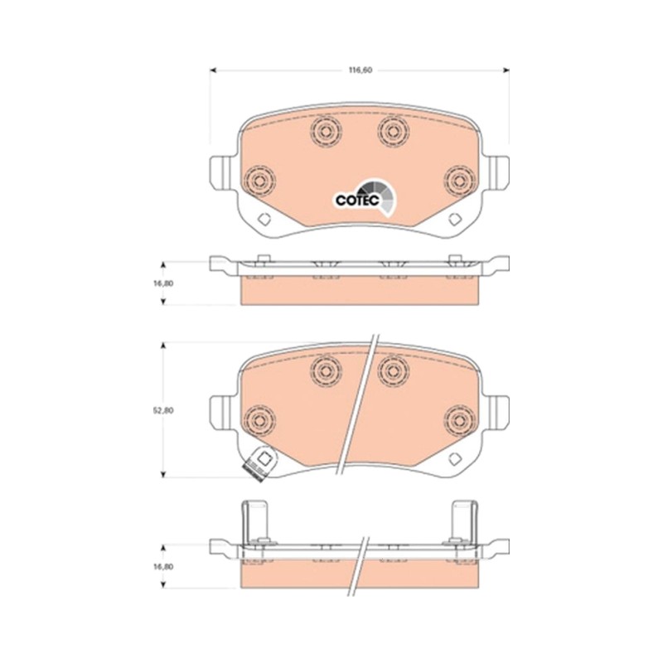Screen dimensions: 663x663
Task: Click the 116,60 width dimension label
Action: (361, 70)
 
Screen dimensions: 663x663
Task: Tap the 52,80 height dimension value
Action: (163, 410)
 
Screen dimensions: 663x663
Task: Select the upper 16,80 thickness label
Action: (163, 283)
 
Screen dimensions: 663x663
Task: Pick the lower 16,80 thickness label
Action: (163, 567)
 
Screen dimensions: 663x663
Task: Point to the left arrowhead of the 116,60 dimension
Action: (213, 70)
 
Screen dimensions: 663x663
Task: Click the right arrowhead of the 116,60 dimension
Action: (506, 70)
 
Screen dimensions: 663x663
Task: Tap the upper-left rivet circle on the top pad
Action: (325, 132)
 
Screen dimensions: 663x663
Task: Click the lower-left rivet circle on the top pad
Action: (260, 181)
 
